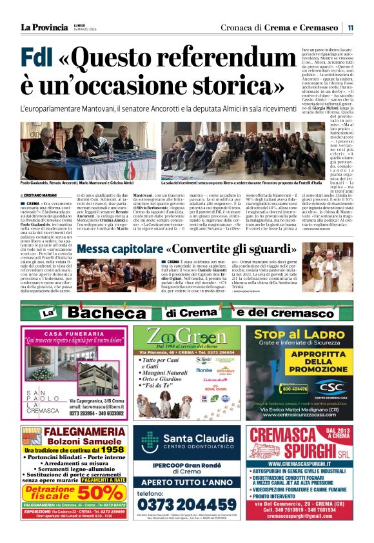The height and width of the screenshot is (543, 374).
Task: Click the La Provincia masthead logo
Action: (x=43, y=26)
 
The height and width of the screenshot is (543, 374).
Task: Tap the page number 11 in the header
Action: (x=351, y=27)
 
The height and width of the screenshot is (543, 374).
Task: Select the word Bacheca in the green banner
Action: (x=108, y=313)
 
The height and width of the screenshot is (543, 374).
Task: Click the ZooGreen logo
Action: (x=186, y=339)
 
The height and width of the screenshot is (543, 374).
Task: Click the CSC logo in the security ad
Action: (x=330, y=388)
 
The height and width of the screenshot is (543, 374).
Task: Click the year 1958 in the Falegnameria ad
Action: (x=112, y=449)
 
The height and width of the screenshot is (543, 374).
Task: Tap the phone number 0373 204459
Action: (x=186, y=504)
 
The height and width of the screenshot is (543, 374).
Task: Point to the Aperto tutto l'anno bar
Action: (x=186, y=481)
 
